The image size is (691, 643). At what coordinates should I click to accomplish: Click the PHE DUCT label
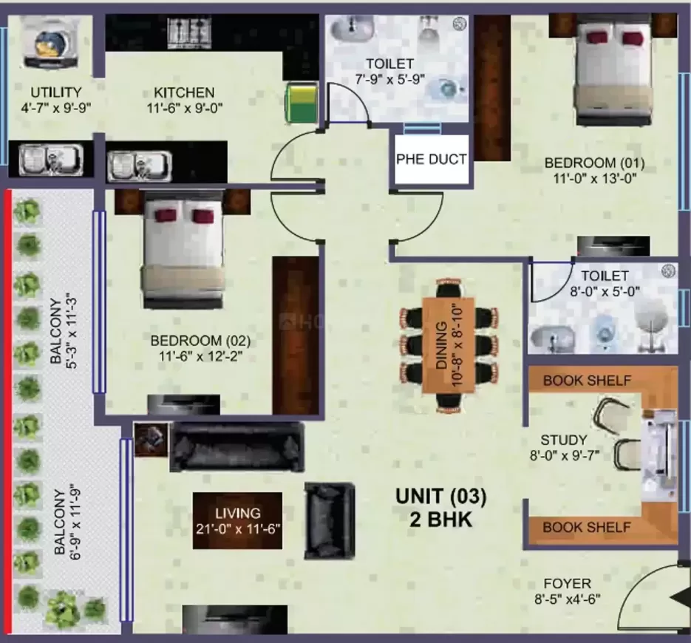[x=431, y=159]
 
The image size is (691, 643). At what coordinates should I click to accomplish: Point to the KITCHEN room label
[x=184, y=92]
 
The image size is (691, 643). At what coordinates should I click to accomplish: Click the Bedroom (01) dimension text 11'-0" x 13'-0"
[x=595, y=179]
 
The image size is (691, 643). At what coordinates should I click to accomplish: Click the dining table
[x=449, y=345]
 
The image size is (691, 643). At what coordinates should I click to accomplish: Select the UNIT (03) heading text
[x=441, y=496]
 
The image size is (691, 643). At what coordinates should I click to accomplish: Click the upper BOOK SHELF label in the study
[x=587, y=381]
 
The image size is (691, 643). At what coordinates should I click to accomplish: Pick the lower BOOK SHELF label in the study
[x=587, y=527]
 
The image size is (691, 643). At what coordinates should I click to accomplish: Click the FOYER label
[x=567, y=583]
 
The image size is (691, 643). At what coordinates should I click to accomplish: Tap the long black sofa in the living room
[x=237, y=447]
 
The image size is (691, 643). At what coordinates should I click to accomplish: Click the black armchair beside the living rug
[x=330, y=521]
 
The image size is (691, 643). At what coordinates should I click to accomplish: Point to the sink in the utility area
[x=51, y=160]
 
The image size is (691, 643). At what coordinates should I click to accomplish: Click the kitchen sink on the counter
[x=139, y=166]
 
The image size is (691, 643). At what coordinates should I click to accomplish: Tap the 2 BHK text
[x=440, y=519]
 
